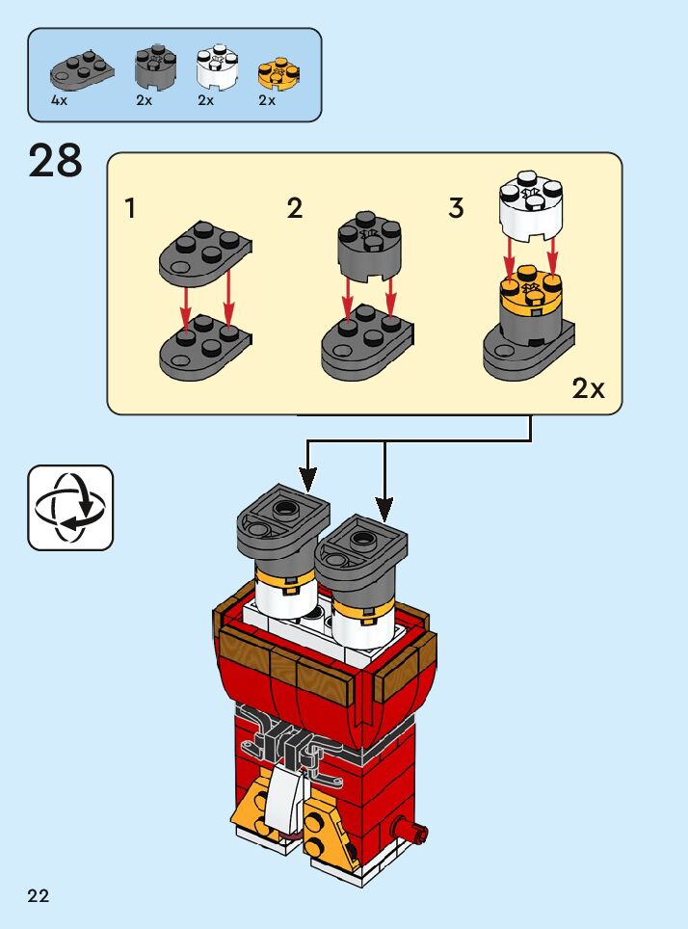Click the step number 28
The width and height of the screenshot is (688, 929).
[56, 161]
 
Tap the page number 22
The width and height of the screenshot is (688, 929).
[39, 896]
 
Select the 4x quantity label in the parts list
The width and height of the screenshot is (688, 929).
[60, 100]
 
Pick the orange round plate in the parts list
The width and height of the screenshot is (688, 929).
[279, 70]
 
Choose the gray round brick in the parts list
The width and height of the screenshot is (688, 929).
[155, 66]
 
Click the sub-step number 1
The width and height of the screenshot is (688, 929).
[130, 208]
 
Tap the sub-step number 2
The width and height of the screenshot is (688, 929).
[295, 208]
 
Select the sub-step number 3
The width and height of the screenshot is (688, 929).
[457, 208]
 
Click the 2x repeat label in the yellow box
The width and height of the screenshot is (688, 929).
[588, 388]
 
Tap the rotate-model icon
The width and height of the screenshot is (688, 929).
[70, 508]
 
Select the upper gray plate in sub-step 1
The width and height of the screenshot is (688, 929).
[205, 252]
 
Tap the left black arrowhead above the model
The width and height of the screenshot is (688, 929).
[308, 476]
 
